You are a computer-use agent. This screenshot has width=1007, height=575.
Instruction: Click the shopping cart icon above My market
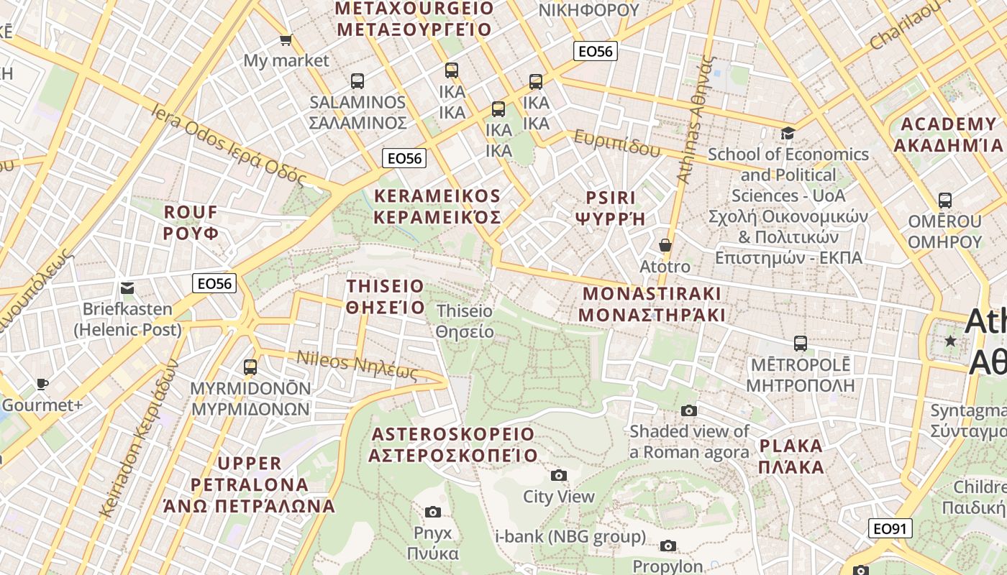pos(286,40)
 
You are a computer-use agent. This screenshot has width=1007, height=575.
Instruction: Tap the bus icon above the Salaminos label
pos(357,81)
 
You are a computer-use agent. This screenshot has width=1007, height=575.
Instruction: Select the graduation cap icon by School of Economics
pos(788,133)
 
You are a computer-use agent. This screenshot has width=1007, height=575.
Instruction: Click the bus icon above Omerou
pos(945,201)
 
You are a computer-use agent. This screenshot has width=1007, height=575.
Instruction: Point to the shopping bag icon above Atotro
pos(665,245)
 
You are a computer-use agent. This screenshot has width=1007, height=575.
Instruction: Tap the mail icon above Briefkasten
pos(127,288)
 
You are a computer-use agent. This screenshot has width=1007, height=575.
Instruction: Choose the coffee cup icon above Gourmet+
pos(42,384)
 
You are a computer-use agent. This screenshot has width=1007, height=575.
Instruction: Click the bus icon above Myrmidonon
pos(250,367)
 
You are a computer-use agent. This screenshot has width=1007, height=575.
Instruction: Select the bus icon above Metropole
pos(800,344)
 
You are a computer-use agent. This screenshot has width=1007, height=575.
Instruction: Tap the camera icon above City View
pos(558,475)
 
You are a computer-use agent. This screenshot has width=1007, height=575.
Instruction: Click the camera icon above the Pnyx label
pos(432,512)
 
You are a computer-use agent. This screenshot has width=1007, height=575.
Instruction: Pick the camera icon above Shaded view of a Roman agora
pos(689,410)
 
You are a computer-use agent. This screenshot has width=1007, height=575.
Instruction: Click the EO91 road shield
pos(890,529)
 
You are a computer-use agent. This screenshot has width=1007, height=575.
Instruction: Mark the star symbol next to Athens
pos(951,341)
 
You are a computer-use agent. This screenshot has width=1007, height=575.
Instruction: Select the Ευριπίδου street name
pos(617,143)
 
